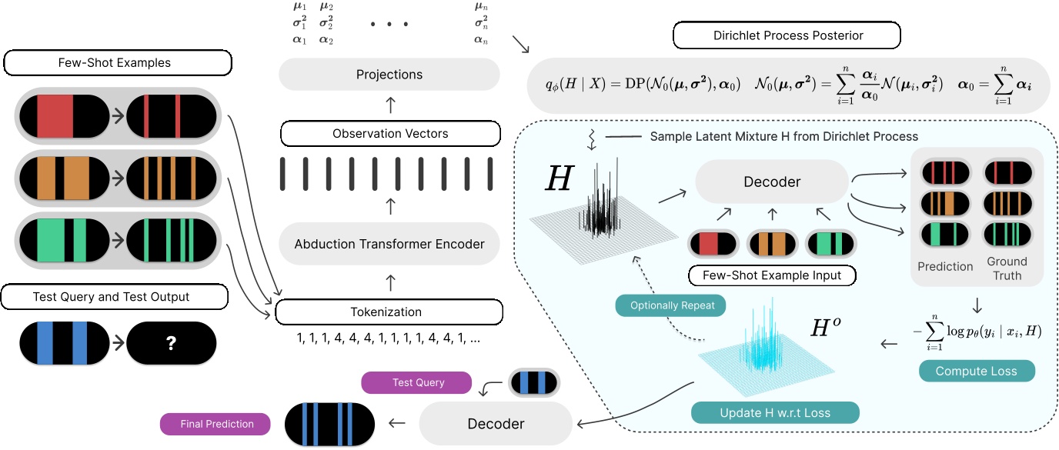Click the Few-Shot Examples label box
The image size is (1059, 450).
(118, 62)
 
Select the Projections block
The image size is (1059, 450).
(389, 75)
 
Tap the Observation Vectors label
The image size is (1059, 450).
(390, 133)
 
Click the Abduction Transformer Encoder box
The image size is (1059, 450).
(389, 244)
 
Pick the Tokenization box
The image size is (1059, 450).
(389, 312)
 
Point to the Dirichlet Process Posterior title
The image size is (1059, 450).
(786, 35)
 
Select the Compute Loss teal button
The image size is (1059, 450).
(976, 371)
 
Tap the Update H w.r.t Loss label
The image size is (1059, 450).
(775, 412)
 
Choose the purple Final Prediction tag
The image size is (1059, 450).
(216, 423)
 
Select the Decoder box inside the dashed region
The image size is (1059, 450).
(771, 182)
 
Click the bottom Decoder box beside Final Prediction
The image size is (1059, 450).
(496, 423)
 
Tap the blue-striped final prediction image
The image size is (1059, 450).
(329, 423)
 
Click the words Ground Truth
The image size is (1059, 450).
(1006, 268)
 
